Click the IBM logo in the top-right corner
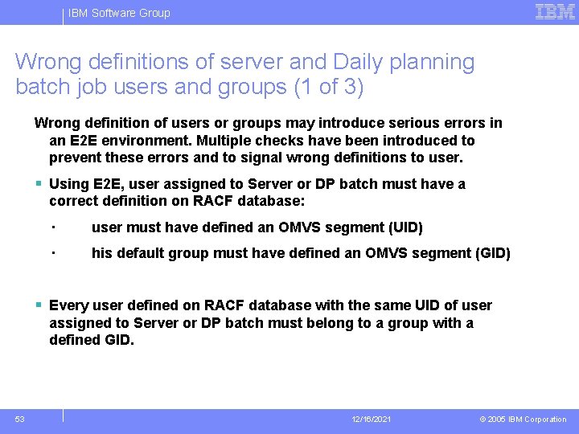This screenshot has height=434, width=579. click(555, 12)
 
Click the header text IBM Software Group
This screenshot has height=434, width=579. click(119, 13)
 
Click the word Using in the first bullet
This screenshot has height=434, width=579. click(66, 184)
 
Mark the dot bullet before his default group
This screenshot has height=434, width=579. click(51, 252)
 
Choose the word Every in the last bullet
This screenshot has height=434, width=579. click(68, 305)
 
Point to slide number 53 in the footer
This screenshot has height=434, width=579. click(19, 419)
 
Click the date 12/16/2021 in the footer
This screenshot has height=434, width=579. click(371, 420)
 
